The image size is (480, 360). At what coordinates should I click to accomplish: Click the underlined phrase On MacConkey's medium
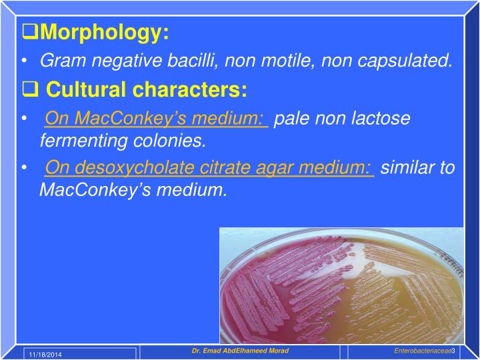(156, 119)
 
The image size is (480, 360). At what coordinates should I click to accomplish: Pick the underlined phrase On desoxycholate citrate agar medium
(209, 167)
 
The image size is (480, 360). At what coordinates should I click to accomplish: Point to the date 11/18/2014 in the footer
(44, 353)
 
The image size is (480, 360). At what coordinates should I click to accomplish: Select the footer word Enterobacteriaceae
(422, 351)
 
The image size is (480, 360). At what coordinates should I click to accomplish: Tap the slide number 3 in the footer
(453, 351)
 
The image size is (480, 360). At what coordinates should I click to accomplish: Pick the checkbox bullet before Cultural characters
(30, 90)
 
